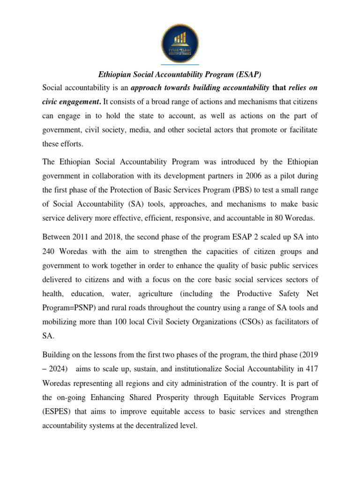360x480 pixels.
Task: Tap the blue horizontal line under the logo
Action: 180,64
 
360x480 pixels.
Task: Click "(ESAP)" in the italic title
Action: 248,74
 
